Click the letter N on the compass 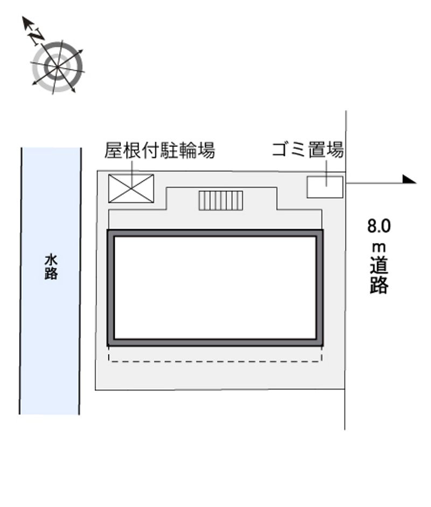point(37,36)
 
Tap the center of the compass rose point(58,67)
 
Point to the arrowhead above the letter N point(27,22)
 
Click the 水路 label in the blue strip point(51,268)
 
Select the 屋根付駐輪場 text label point(159,150)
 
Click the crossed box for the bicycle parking point(131,189)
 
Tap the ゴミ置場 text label point(308,150)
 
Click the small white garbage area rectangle point(325,187)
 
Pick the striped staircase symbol point(221,201)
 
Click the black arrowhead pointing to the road point(409,180)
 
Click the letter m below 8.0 point(379,248)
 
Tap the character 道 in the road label point(379,266)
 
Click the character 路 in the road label point(379,285)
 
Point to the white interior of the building point(215,287)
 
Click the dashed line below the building point(215,361)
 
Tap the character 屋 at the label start point(113,150)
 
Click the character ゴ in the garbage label point(281,150)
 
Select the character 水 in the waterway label point(51,261)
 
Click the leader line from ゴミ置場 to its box point(326,173)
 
